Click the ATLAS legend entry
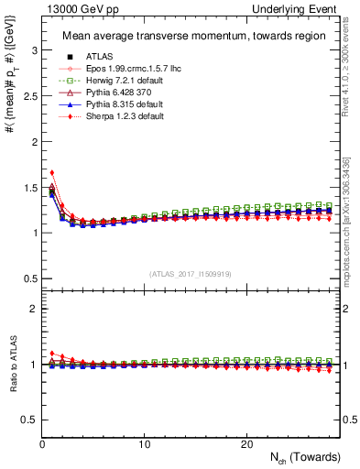[96, 55]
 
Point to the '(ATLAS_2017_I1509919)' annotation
[189, 273]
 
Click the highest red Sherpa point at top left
[52, 172]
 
